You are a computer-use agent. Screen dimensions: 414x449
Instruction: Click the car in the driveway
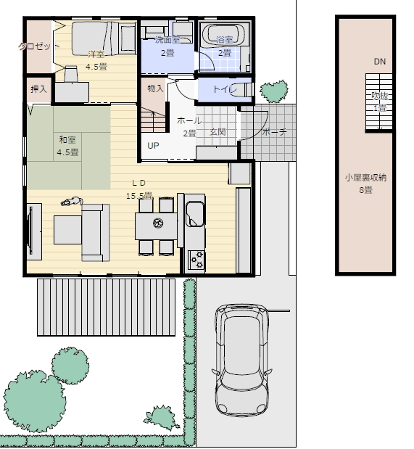[x=242, y=361]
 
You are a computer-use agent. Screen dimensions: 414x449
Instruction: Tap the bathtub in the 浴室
[x=223, y=34]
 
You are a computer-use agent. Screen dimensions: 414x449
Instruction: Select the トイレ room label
[x=225, y=89]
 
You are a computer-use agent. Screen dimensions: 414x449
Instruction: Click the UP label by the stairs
[x=153, y=146]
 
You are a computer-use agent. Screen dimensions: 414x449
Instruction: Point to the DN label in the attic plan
[x=380, y=62]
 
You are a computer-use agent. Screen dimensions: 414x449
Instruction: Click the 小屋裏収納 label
[x=365, y=178]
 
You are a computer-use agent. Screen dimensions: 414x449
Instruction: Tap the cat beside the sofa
[x=72, y=202]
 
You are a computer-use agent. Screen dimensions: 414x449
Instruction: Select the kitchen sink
[x=195, y=213]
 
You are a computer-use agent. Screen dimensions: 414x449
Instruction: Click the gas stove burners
[x=196, y=260]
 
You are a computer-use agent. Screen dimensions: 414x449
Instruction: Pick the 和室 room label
[x=67, y=140]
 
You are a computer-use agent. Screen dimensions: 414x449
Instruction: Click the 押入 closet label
[x=38, y=89]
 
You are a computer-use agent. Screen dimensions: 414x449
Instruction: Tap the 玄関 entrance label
[x=218, y=132]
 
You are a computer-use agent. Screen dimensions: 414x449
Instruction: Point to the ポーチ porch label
[x=274, y=132]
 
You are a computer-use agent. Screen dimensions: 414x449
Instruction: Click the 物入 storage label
[x=155, y=88]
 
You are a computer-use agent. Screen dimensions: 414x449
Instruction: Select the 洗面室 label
[x=167, y=40]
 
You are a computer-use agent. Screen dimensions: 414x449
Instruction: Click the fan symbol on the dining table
[x=158, y=223]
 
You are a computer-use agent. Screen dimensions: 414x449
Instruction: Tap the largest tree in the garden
[x=34, y=401]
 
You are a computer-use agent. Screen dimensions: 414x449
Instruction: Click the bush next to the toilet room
[x=274, y=91]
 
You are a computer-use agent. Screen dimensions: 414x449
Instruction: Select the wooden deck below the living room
[x=107, y=307]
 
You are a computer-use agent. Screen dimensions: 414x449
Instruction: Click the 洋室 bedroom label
[x=96, y=54]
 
